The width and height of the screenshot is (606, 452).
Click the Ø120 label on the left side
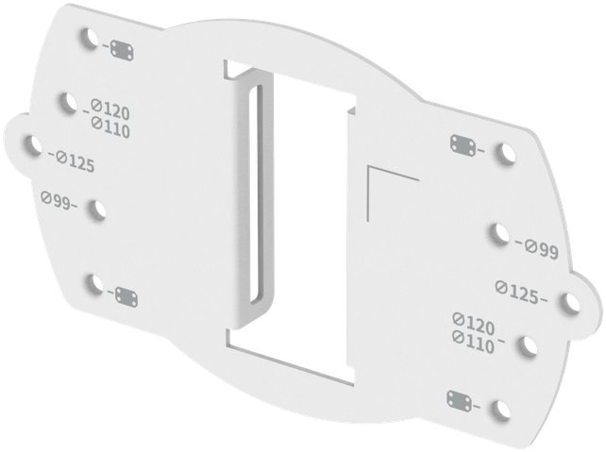click(110, 109)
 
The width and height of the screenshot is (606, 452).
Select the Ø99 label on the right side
click(541, 250)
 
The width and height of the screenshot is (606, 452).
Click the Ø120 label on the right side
click(474, 324)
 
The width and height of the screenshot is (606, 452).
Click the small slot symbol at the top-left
click(124, 49)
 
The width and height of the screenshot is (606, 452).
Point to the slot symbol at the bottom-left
click(126, 295)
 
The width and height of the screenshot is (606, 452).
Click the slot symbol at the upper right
click(463, 145)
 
